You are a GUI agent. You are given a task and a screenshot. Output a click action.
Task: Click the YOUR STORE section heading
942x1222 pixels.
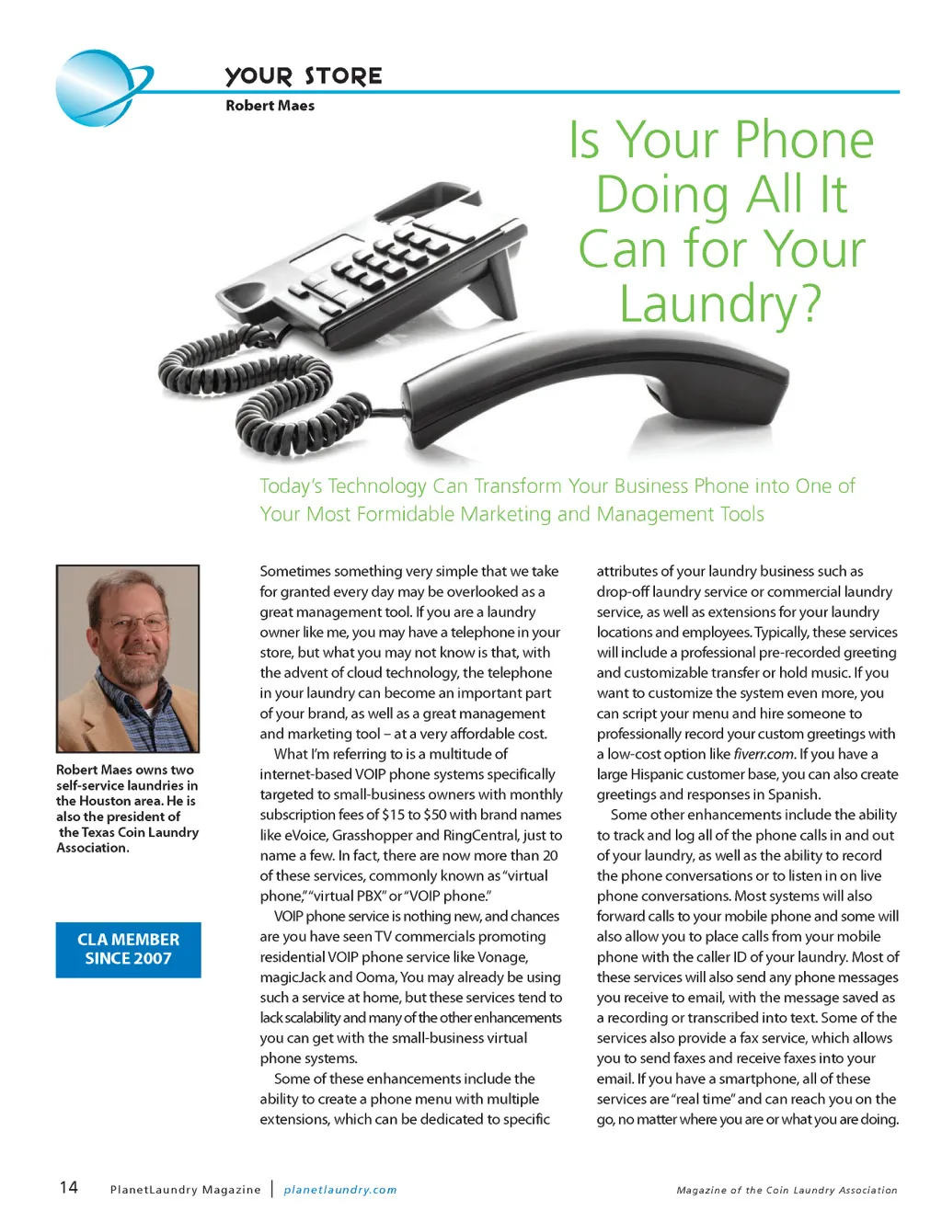tap(304, 76)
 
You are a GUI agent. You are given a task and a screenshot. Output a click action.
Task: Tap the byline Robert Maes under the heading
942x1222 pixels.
tap(270, 106)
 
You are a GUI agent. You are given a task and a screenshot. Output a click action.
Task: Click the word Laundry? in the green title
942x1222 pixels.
tap(720, 304)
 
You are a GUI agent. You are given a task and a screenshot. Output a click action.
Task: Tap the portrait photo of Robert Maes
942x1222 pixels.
tap(128, 658)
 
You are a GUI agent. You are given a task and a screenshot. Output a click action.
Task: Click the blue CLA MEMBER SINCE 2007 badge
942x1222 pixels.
tap(128, 949)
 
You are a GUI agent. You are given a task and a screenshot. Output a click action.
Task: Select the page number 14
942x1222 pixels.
tap(69, 1187)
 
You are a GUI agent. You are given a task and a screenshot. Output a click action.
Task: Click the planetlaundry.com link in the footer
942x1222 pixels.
tap(340, 1190)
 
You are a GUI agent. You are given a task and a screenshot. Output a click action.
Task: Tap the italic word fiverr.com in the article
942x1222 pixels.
tap(764, 754)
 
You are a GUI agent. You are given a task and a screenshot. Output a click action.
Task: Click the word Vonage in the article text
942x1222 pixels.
tap(501, 957)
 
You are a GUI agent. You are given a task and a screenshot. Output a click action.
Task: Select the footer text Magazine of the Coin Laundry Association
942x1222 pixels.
tap(787, 1190)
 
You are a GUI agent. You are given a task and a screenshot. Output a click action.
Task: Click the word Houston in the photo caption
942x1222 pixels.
tap(107, 801)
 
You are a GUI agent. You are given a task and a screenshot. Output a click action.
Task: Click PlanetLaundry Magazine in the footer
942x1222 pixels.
tap(185, 1190)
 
